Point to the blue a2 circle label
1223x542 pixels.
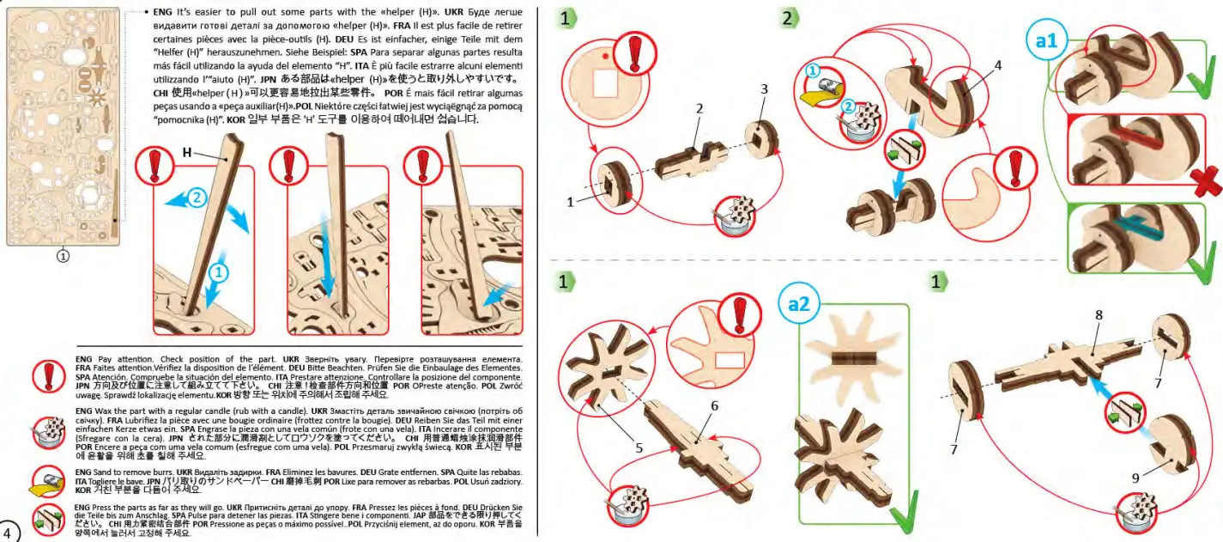coord(804,303)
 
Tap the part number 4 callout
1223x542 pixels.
coord(998,65)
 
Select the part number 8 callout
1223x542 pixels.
coord(1098,315)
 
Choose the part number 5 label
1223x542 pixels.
coord(639,447)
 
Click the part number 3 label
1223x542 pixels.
coord(764,89)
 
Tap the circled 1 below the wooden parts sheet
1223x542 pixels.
coord(64,255)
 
